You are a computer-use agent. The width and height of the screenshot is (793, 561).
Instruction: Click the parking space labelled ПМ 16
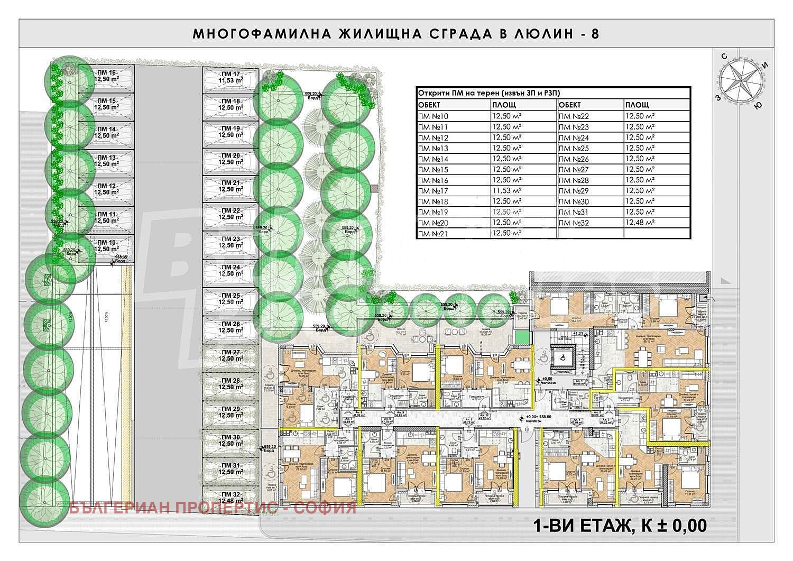(106, 77)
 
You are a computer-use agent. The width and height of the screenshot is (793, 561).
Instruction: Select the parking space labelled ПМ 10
(106, 246)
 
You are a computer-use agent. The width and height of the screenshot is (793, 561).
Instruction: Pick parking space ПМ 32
(231, 498)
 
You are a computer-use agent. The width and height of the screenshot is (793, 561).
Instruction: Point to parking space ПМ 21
(231, 186)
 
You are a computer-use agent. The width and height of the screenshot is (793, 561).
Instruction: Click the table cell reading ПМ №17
(433, 191)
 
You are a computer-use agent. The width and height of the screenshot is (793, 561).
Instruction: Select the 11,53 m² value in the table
(506, 191)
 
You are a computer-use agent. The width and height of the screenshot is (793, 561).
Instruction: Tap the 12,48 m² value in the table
(640, 223)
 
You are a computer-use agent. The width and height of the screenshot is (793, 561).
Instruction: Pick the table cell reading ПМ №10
(433, 116)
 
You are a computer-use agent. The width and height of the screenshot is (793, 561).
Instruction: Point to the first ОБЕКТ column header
(429, 105)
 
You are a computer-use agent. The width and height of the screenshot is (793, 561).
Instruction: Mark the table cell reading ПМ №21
(433, 233)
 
